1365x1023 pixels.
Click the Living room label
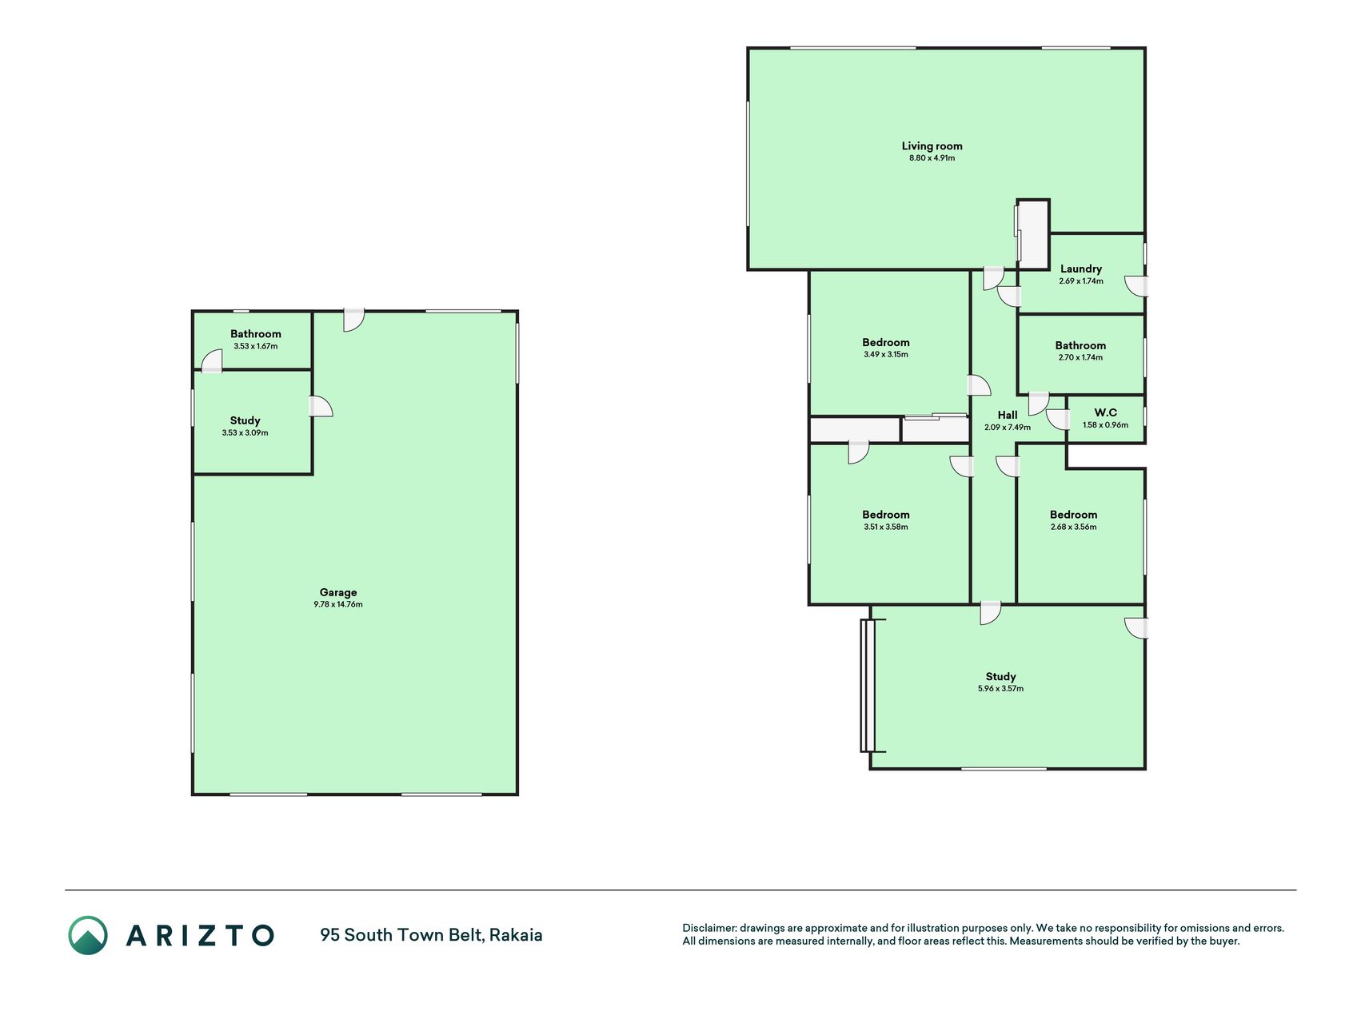pos(932,146)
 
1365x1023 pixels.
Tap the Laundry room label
pos(1081,269)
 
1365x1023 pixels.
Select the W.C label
pos(1105,413)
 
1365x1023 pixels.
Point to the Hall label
pos(1008,415)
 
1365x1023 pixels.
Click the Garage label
pos(338,593)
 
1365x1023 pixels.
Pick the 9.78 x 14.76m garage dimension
pos(338,605)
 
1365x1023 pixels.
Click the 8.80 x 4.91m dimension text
pos(932,158)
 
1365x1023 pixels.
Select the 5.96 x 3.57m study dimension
pos(1000,689)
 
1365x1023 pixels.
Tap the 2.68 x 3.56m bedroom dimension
pos(1073,527)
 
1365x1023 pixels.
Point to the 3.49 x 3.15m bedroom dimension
pos(885,355)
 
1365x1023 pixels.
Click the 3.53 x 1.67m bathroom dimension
pos(256,347)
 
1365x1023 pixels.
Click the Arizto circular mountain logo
pos(88,935)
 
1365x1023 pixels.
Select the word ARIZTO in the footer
pos(200,935)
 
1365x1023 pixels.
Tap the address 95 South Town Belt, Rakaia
pos(431,935)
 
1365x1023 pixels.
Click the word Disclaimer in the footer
pos(708,929)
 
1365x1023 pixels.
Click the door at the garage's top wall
pos(354,320)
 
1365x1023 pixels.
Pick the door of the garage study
pos(321,406)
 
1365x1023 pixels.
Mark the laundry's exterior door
pos(1136,286)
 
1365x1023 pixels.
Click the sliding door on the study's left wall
pos(868,686)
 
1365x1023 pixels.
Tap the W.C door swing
pos(1057,420)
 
